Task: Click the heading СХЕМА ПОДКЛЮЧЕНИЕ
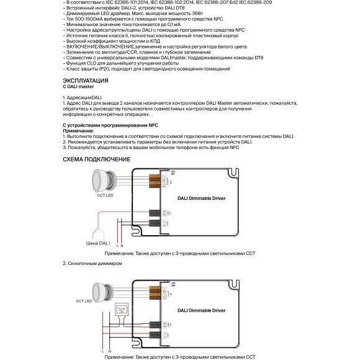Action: tap(97, 160)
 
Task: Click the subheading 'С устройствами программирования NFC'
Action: tap(110, 125)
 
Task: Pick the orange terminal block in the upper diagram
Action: tap(155, 181)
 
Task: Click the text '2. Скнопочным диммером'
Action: tap(93, 264)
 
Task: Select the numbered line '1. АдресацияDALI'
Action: tap(82, 98)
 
